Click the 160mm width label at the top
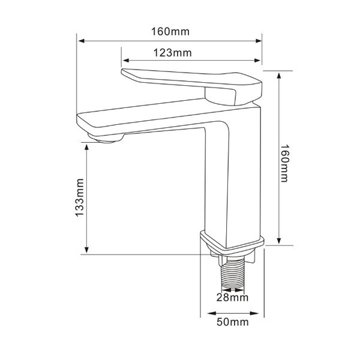pyautogui.click(x=169, y=31)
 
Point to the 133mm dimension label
pyautogui.click(x=79, y=199)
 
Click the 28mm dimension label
pyautogui.click(x=232, y=297)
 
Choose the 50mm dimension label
pyautogui.click(x=232, y=323)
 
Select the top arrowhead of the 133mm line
pyautogui.click(x=88, y=146)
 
